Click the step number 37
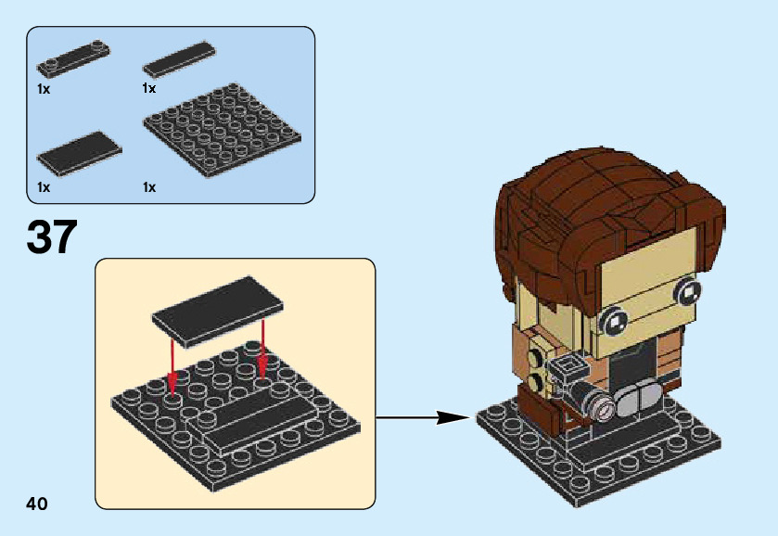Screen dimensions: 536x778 coord(52,238)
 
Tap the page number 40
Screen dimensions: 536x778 coord(37,504)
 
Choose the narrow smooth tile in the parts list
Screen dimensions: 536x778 coord(180,58)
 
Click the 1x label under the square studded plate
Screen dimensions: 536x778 coord(149,186)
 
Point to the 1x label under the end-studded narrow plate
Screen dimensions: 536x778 coord(44,89)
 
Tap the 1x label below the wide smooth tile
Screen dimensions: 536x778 coord(44,186)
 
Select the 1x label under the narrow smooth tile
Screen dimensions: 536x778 coord(149,88)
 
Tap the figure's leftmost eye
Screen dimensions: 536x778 coord(614,323)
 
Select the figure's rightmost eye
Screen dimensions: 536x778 coord(688,293)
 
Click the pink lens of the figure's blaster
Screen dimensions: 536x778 coord(603,406)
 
